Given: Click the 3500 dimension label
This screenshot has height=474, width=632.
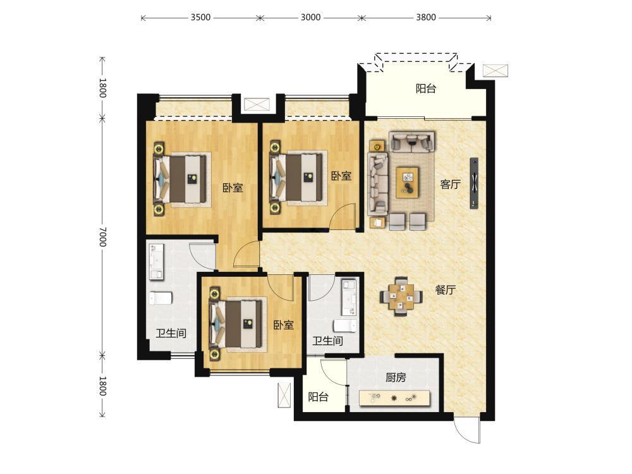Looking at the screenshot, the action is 201,17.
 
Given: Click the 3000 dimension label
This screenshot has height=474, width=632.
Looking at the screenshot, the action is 311,17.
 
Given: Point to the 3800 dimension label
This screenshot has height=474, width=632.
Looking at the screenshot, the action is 425,17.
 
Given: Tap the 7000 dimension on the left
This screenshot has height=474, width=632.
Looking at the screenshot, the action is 103,236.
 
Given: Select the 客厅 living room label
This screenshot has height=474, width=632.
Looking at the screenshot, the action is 450,184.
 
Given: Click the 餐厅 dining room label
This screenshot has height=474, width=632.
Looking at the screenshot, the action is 446,290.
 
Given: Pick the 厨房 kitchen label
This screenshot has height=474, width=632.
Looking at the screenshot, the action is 396,377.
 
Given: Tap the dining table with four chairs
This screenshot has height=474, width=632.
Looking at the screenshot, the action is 401,297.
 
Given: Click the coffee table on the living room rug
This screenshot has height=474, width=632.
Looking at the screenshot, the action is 408,183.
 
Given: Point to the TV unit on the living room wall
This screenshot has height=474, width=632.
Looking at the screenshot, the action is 474,183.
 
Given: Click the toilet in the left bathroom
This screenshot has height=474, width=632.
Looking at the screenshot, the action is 161,298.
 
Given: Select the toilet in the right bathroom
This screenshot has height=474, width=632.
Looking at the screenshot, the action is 346,325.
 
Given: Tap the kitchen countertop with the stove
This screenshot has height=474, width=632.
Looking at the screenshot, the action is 394,398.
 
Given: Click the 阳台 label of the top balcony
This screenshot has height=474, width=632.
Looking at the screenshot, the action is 425,88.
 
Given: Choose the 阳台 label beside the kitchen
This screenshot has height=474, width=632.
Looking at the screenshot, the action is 318,397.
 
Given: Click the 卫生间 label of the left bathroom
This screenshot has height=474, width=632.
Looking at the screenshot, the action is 171,333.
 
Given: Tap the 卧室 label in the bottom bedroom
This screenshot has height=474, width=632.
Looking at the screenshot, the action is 283,325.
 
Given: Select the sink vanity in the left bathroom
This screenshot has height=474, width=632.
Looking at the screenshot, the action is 156,261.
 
